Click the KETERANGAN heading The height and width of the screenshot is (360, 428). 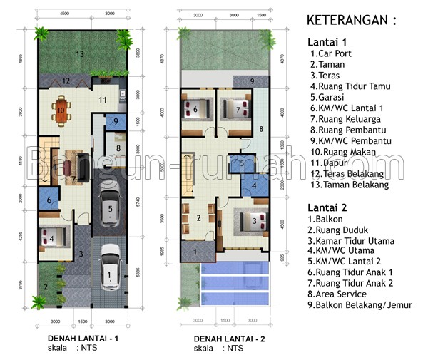point(350,19)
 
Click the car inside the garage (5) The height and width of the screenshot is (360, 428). point(109,208)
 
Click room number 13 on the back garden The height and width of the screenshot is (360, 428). point(81,54)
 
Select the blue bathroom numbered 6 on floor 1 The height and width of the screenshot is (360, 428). point(49,200)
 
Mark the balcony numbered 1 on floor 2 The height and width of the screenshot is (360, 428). point(193,250)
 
